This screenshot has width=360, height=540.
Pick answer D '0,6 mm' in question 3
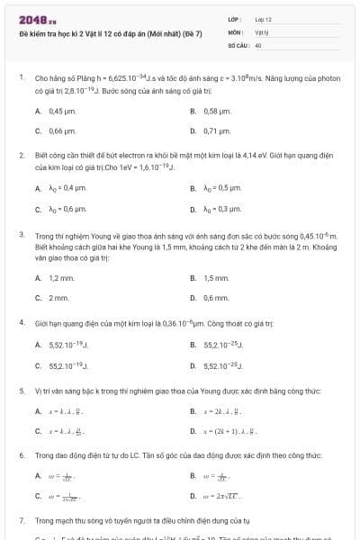(215, 297)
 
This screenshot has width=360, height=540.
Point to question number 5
(22, 391)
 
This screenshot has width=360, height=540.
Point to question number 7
(22, 520)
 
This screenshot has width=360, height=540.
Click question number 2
(22, 155)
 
